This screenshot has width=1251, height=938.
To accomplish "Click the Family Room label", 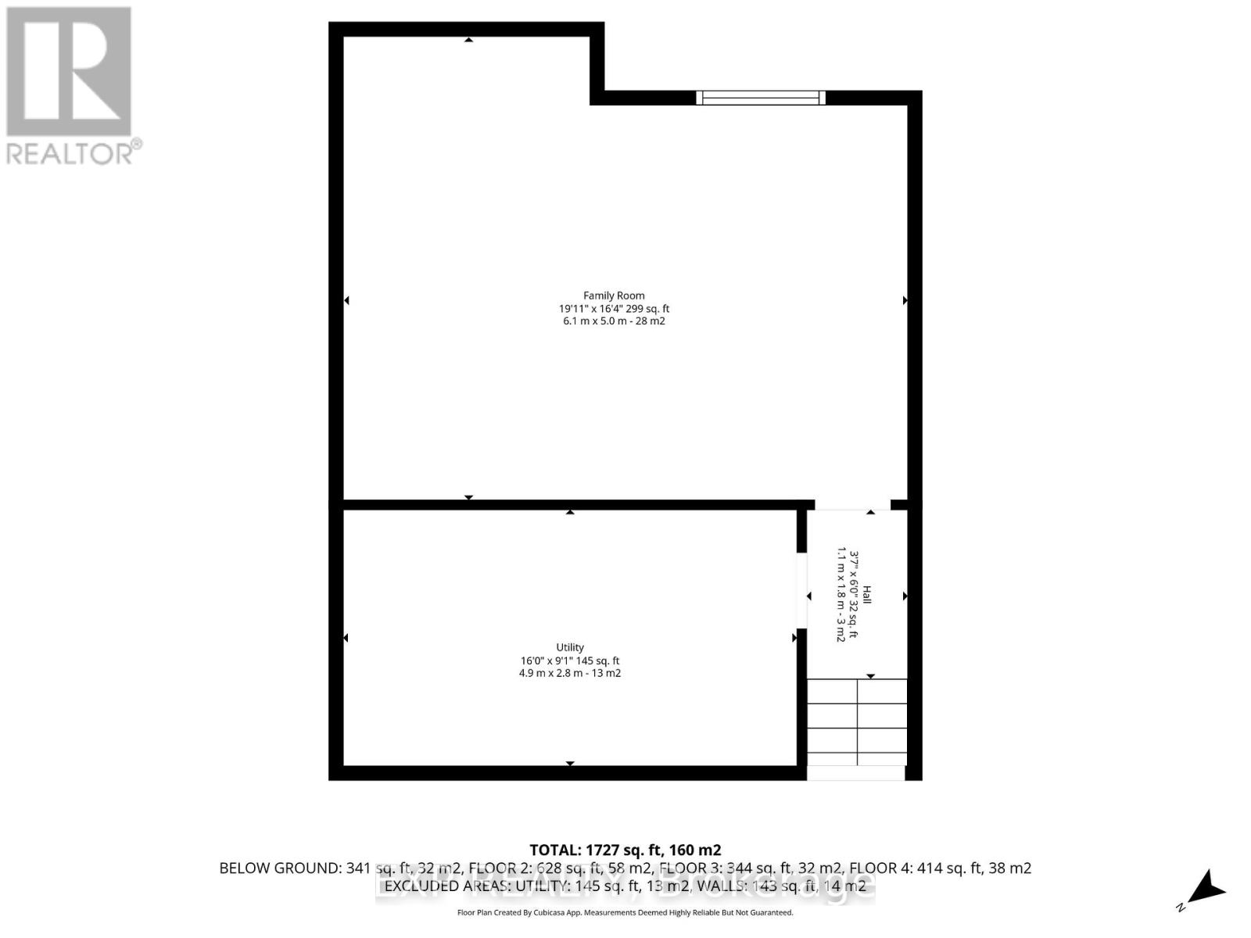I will click(x=614, y=295).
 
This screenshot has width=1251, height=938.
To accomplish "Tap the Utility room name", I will click(x=570, y=647).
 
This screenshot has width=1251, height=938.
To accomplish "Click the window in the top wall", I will click(x=761, y=98).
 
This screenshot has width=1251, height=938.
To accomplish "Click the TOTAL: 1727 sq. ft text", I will click(x=625, y=850).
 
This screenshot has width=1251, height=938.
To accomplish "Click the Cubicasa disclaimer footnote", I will click(x=625, y=913).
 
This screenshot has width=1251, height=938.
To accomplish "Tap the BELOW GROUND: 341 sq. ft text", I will click(x=313, y=868).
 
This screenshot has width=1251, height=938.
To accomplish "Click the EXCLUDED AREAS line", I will click(x=625, y=886).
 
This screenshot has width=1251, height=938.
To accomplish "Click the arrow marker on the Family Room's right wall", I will click(x=905, y=300).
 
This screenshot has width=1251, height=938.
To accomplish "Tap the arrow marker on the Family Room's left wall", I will click(x=346, y=300).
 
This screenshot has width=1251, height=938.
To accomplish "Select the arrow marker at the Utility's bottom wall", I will click(x=570, y=763).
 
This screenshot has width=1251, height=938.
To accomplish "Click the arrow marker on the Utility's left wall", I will click(x=346, y=638).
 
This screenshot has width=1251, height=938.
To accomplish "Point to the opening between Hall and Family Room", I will click(x=852, y=505).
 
